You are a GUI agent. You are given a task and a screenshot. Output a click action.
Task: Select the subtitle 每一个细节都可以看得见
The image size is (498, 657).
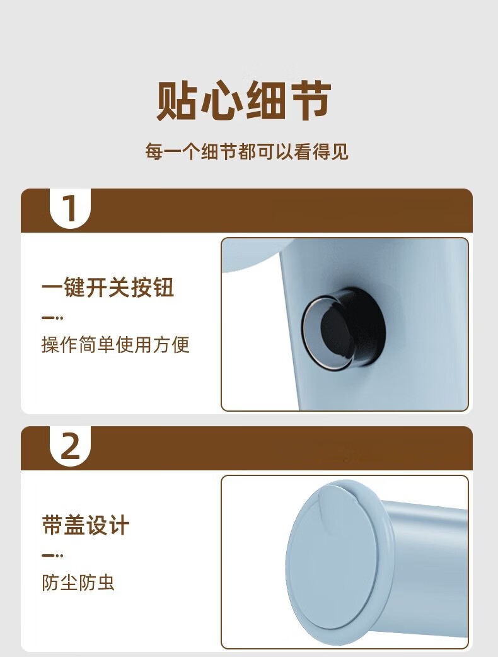coord(246,151)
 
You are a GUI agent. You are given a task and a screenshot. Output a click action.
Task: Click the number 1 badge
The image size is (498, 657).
coord(70,208)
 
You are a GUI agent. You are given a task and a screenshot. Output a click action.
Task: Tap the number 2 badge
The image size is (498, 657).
coord(70,446)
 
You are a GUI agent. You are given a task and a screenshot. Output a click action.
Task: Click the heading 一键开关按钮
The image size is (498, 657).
coord(108,288)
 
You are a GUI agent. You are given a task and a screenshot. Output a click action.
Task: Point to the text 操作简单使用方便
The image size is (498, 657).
coord(115,345)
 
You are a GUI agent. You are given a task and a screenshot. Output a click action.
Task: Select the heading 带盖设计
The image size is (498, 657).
coord(86,525)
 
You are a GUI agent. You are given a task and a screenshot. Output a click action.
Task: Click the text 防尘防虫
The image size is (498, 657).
coord(78,583)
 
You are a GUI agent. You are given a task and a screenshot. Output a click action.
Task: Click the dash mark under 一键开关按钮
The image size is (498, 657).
coord(52,318)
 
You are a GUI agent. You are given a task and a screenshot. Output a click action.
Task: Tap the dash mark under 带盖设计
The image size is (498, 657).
coord(52,555)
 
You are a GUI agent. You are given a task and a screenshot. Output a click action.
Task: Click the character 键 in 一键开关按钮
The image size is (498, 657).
coord(74,288)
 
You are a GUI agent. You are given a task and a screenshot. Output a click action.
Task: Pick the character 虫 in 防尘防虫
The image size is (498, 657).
coord(105,583)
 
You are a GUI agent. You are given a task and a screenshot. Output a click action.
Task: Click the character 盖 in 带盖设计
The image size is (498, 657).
coord(74,525)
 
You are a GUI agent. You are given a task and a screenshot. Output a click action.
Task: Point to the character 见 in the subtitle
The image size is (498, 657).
coord(340,151)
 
